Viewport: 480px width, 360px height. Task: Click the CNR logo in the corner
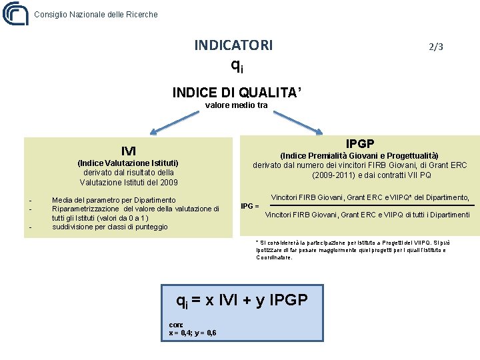(15, 13)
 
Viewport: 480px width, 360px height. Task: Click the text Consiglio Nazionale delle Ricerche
(96, 14)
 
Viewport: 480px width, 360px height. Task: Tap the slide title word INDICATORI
(233, 45)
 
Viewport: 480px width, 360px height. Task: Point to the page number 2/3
(436, 47)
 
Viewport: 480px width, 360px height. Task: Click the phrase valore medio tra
(236, 105)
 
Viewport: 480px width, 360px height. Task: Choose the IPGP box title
(359, 143)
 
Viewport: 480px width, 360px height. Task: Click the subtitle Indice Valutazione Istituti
(128, 163)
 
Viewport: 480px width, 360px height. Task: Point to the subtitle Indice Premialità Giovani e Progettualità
(359, 155)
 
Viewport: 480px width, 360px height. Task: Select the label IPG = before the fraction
(250, 206)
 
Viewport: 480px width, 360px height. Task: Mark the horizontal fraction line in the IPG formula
(369, 205)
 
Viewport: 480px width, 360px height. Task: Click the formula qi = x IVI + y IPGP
(241, 300)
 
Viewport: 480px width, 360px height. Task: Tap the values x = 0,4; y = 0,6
(193, 333)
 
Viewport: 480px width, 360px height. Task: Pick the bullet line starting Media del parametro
(114, 200)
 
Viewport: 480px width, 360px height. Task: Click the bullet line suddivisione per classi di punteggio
(110, 227)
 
